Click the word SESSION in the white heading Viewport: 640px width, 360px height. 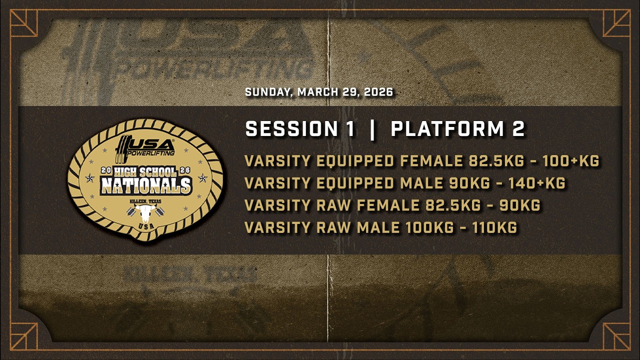(292, 128)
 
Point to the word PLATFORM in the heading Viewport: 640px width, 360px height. (447, 128)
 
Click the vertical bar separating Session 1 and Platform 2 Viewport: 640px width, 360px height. (372, 130)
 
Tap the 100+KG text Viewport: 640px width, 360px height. (571, 161)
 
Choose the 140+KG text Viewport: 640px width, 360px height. (537, 183)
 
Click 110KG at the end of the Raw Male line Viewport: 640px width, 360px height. (494, 227)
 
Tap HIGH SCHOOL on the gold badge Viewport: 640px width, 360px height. (145, 171)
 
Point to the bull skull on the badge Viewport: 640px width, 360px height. (145, 213)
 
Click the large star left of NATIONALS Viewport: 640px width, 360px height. (89, 178)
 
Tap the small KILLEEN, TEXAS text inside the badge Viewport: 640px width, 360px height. (145, 201)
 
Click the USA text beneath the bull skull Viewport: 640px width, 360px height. (146, 226)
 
